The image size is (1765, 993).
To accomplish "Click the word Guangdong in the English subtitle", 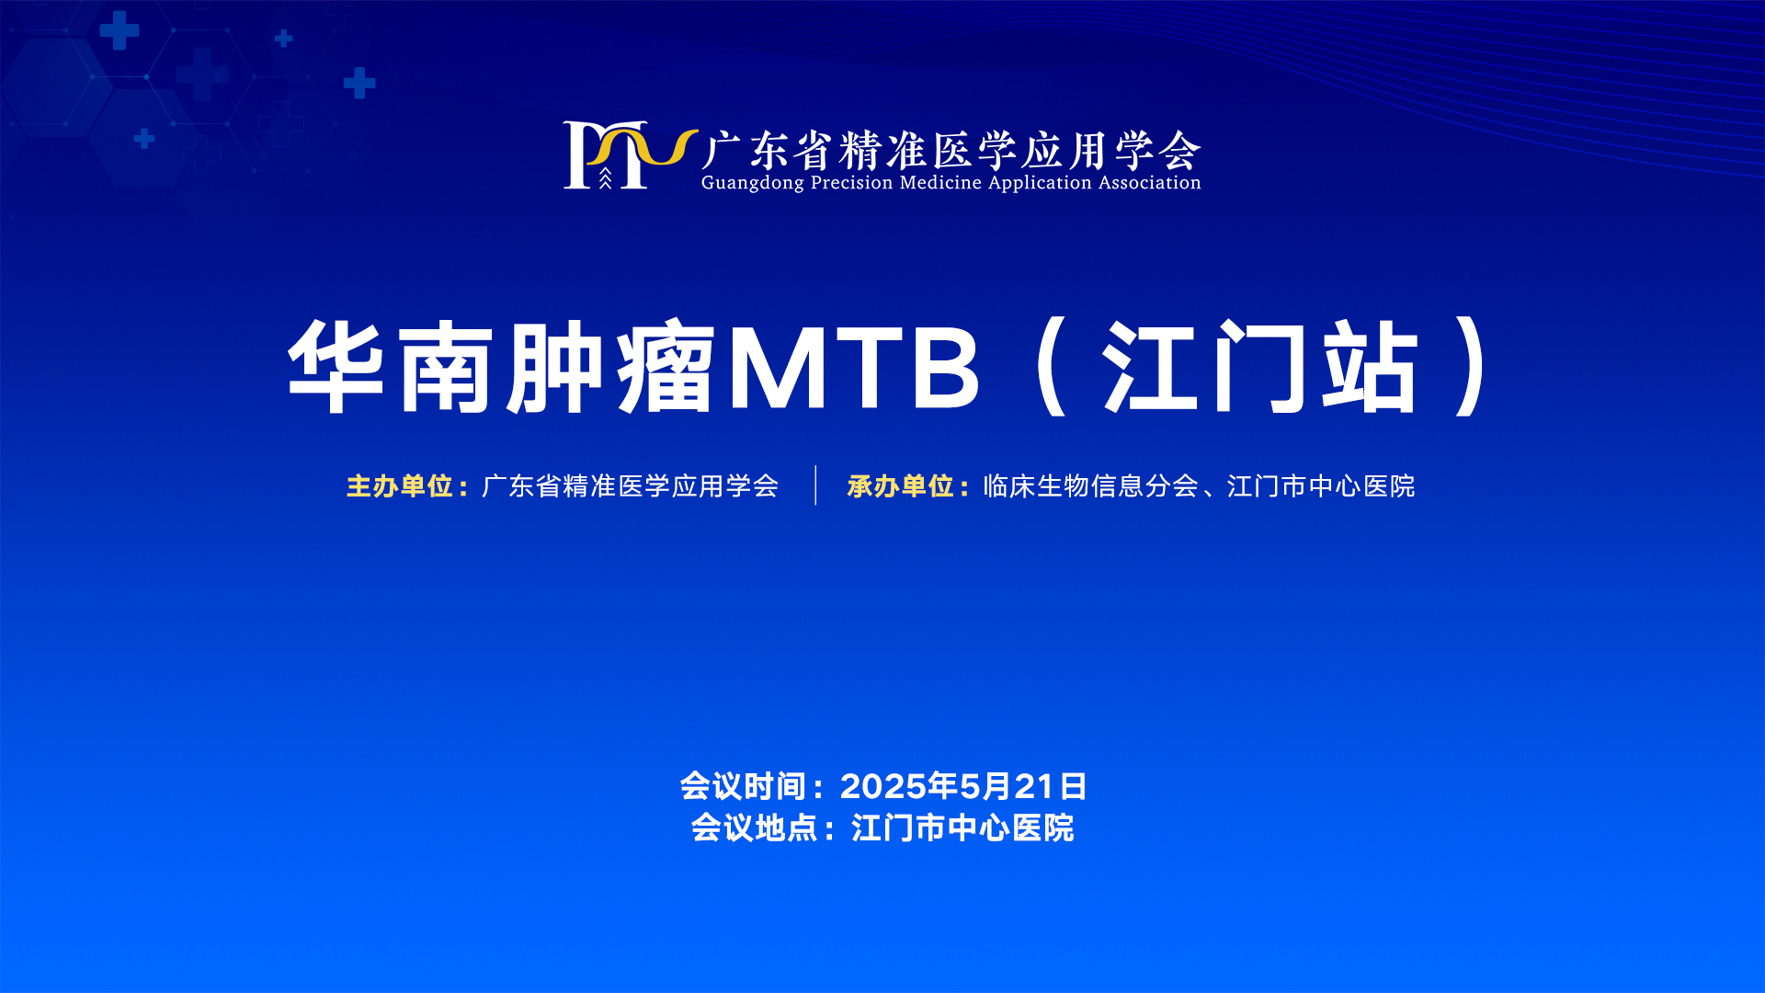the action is click(x=753, y=183).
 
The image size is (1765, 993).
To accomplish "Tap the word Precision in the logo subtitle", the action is click(x=852, y=182).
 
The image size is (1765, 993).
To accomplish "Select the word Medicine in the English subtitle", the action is click(x=941, y=182).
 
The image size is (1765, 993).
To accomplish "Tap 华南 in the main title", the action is click(x=390, y=366).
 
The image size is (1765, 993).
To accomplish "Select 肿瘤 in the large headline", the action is click(x=610, y=366).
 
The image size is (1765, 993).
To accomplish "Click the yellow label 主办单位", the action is click(x=400, y=485).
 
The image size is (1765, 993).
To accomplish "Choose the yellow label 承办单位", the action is click(x=901, y=485).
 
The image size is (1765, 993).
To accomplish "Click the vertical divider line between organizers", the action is click(x=815, y=485).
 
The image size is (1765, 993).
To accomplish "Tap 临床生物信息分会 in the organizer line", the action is click(x=1091, y=485).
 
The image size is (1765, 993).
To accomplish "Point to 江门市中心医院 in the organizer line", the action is click(x=1321, y=485).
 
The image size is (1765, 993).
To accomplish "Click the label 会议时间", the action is click(x=744, y=786).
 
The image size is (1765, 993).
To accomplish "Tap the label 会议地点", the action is click(x=755, y=827).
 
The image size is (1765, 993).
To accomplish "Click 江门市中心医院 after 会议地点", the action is click(x=962, y=827).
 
